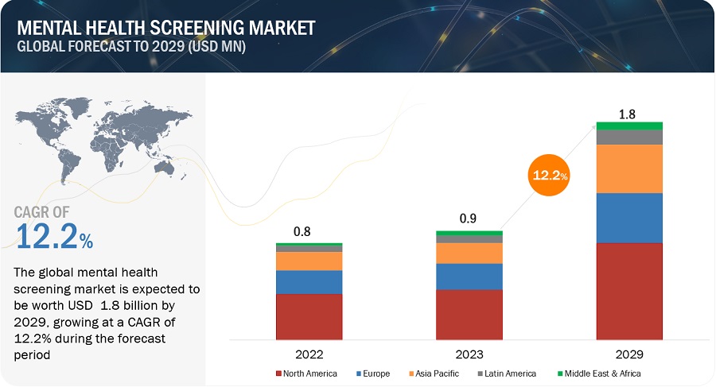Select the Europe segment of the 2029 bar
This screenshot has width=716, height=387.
[x=629, y=218]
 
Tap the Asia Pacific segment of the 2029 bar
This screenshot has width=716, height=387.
[x=629, y=168]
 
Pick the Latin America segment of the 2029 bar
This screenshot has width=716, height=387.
[x=629, y=137]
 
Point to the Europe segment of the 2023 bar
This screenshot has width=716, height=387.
[x=469, y=277]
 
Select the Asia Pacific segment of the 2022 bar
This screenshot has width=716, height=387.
[x=309, y=261]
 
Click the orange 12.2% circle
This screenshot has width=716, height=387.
[x=550, y=175]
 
